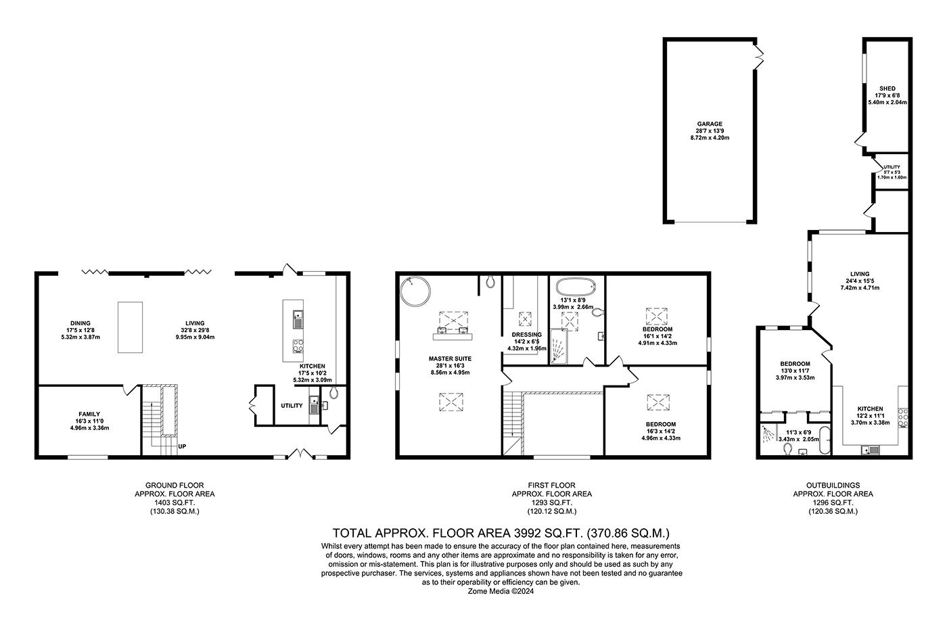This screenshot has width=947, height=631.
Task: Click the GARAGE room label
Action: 710,124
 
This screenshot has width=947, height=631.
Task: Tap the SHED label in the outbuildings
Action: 887,89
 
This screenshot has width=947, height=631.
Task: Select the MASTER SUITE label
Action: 449,358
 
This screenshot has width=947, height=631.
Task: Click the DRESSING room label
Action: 526,335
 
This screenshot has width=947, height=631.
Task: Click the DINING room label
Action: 80,323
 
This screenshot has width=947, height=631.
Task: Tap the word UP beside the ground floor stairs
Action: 183,446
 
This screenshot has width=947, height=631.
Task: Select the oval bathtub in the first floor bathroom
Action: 577,287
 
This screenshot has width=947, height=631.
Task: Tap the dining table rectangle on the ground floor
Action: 131,327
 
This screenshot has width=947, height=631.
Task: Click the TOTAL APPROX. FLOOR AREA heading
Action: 501,533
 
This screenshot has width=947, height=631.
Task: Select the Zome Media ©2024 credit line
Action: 501,590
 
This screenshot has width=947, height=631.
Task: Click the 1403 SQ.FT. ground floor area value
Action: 175,503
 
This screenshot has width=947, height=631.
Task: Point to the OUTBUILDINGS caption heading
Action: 833,485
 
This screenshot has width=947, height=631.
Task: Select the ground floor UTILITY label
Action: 292,406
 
